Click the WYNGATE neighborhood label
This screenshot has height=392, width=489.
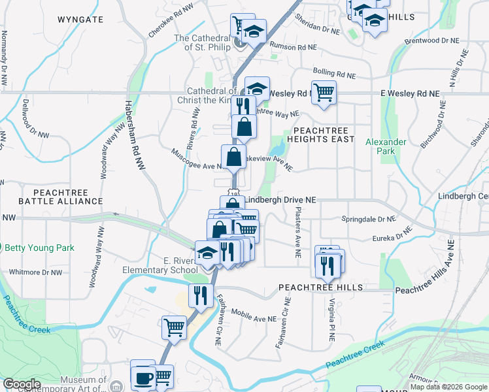point(80,20)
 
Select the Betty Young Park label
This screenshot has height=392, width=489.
point(39,248)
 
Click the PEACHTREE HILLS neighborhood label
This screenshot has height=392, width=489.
point(320,287)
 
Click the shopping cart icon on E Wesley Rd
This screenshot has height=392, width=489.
point(324,92)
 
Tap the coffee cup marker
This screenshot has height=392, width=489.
point(143,378)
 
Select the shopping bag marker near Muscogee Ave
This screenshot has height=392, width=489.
point(233,157)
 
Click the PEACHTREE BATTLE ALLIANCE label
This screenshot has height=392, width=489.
point(51,197)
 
